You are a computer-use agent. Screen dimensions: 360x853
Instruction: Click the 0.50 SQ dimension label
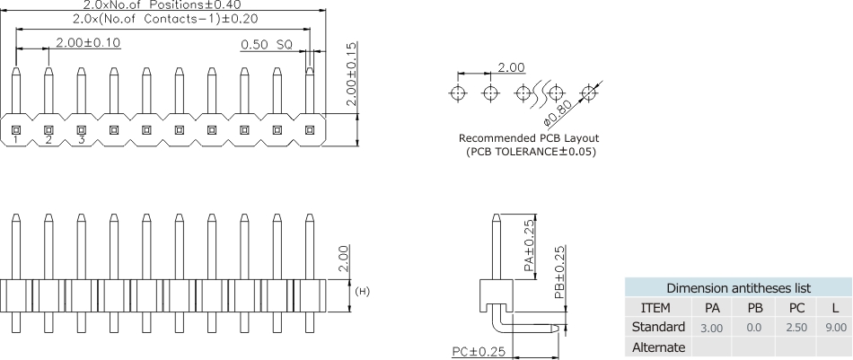[x=267, y=43]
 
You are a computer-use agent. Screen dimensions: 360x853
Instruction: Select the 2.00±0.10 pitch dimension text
[x=88, y=42]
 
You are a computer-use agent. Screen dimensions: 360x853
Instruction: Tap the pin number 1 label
[x=16, y=140]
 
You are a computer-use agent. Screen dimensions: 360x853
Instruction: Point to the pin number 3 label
[x=81, y=140]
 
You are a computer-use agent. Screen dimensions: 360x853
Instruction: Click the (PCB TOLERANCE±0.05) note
[x=531, y=152]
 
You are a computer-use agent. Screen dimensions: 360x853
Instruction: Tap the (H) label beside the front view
[x=364, y=291]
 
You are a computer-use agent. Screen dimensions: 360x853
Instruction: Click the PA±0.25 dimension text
[x=529, y=244]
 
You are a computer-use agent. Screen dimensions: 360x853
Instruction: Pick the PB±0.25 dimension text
[x=559, y=273]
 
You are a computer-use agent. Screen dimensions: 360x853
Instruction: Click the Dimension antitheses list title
[x=738, y=288]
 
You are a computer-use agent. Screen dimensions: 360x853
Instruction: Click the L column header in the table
[x=836, y=308]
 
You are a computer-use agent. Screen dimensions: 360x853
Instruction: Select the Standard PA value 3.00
[x=711, y=328]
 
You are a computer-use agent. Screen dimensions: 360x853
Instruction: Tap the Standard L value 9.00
[x=836, y=328]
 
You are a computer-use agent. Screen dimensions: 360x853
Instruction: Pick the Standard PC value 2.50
[x=796, y=328]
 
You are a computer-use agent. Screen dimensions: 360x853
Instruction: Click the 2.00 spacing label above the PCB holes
[x=511, y=68]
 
